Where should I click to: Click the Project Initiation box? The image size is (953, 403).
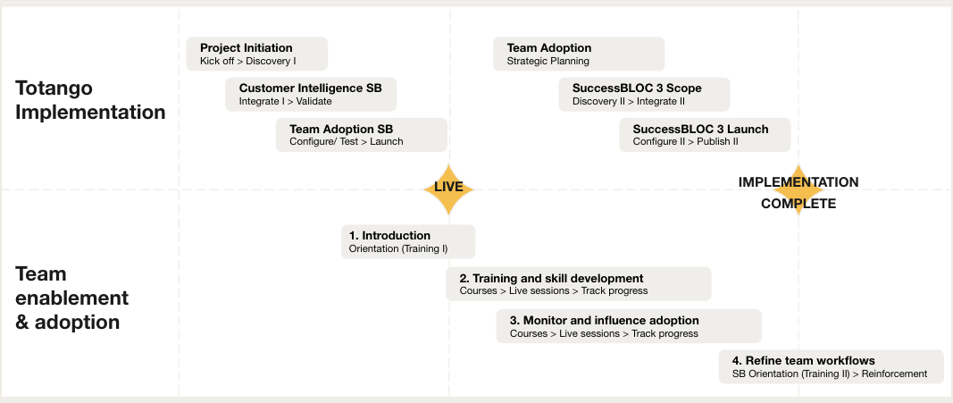click(257, 55)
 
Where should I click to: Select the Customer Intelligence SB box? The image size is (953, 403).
click(311, 94)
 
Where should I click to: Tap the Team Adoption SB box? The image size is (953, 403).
click(362, 135)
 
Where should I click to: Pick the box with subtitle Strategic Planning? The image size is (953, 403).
click(579, 55)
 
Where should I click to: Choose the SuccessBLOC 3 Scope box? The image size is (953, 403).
click(644, 94)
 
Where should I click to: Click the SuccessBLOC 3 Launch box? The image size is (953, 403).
click(705, 135)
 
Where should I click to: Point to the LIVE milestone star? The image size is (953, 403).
click(448, 189)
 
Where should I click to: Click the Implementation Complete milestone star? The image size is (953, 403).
click(798, 191)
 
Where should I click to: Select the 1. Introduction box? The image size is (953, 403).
click(408, 242)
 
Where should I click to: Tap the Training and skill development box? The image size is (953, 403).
click(579, 284)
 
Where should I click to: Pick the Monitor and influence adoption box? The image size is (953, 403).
click(629, 326)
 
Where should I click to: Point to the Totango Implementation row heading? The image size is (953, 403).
click(90, 100)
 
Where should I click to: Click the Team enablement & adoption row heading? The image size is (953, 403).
click(71, 298)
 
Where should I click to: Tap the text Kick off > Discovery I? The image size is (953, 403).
click(248, 62)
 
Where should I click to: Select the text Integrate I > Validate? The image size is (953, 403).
click(285, 102)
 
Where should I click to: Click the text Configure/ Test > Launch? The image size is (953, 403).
click(347, 142)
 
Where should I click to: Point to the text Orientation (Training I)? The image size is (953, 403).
click(398, 249)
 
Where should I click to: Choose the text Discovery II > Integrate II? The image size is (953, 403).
click(629, 102)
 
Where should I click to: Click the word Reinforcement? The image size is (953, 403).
click(895, 374)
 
